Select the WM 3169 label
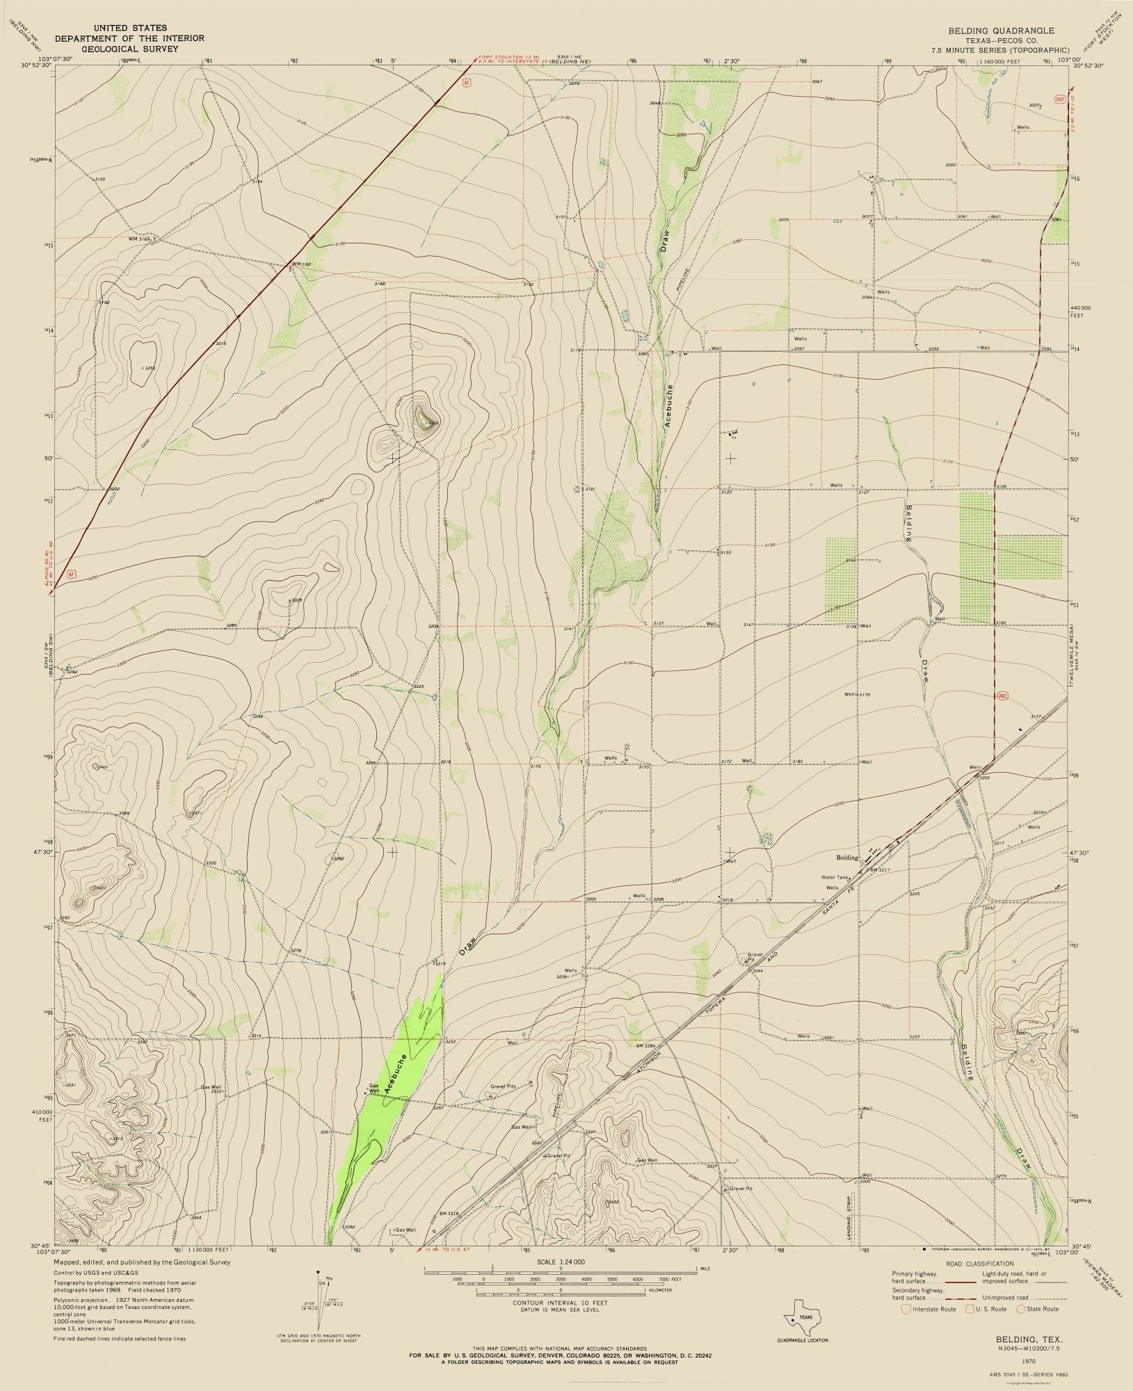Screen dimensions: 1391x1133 138,239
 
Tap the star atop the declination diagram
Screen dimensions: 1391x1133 318,1271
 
